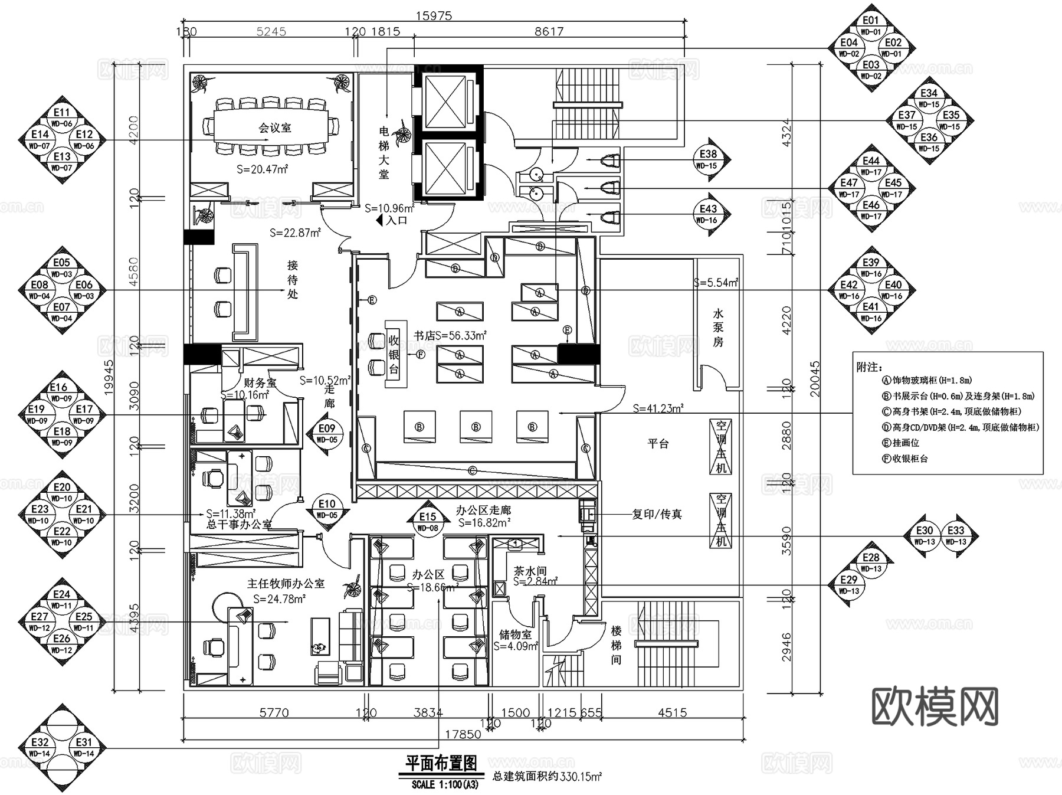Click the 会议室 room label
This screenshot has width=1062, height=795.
point(274,128)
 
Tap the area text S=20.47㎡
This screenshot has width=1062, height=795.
point(262,169)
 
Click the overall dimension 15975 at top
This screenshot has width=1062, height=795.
point(434,16)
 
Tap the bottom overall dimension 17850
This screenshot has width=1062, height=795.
point(463,734)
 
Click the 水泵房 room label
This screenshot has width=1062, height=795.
point(718,327)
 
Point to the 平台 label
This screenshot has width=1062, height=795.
point(658,443)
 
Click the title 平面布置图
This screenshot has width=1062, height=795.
point(441,764)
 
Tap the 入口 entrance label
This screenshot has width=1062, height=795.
point(396,221)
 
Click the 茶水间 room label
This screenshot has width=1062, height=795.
point(530,571)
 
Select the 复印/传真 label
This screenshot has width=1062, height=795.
point(657,514)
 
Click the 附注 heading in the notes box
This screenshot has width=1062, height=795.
point(870,367)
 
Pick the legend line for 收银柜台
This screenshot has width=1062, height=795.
point(905,459)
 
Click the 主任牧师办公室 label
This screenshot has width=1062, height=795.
point(286,584)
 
